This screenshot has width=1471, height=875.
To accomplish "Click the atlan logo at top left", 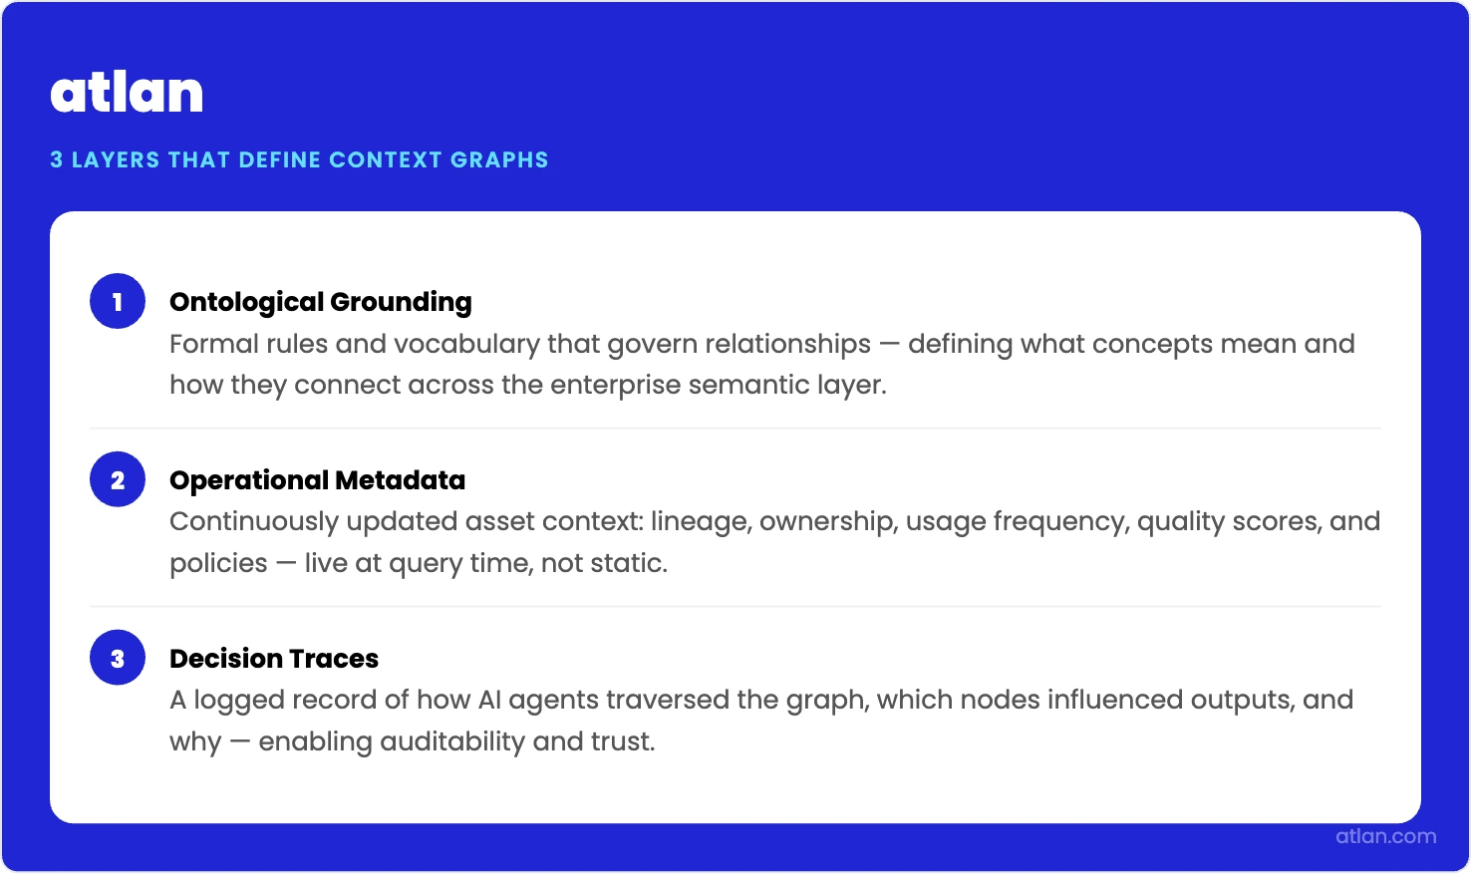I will point(127,93).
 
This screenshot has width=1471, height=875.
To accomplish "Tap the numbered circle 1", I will point(118,301).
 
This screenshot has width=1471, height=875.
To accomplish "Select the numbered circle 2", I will point(118,479).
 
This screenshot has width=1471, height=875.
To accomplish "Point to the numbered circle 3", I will point(118,658).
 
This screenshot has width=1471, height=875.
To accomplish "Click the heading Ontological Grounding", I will point(320,301).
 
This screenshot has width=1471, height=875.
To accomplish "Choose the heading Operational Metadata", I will point(317,479).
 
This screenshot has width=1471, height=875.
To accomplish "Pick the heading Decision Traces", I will point(274,658).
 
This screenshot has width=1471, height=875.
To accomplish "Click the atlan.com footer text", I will point(1385,836).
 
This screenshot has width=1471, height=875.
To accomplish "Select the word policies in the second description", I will point(218,563).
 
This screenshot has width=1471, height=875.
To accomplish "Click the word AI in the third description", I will point(489,700).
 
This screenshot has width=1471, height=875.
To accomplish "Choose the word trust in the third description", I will point(622,741).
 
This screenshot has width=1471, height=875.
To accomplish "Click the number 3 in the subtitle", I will point(57,159).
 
